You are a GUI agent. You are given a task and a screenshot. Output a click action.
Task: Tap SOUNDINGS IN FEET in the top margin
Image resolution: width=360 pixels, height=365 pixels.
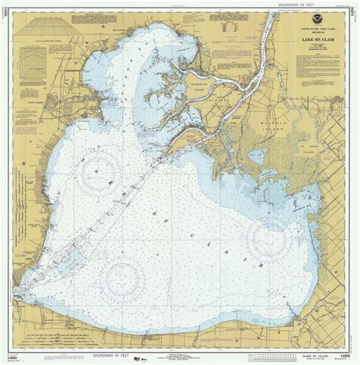click(180, 5)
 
